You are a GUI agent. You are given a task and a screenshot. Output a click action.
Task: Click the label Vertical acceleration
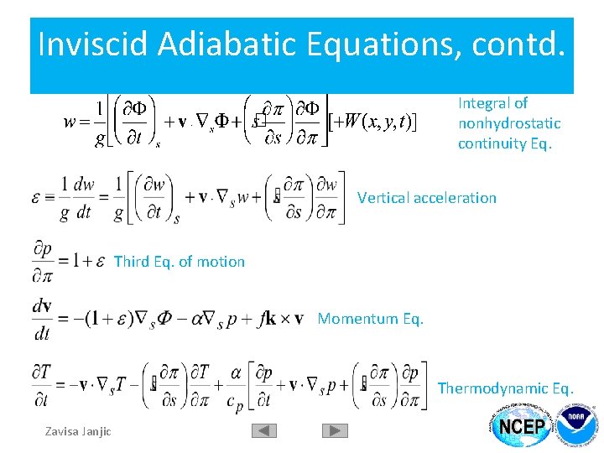tap(427, 198)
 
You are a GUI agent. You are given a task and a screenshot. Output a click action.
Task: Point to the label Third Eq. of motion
tap(179, 262)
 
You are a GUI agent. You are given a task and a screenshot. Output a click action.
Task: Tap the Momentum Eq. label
tap(371, 319)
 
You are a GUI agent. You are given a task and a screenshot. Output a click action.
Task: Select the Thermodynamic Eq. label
tap(506, 388)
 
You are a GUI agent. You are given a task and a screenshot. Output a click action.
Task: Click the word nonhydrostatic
tap(509, 123)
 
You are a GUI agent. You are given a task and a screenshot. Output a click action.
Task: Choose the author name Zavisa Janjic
tap(77, 431)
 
